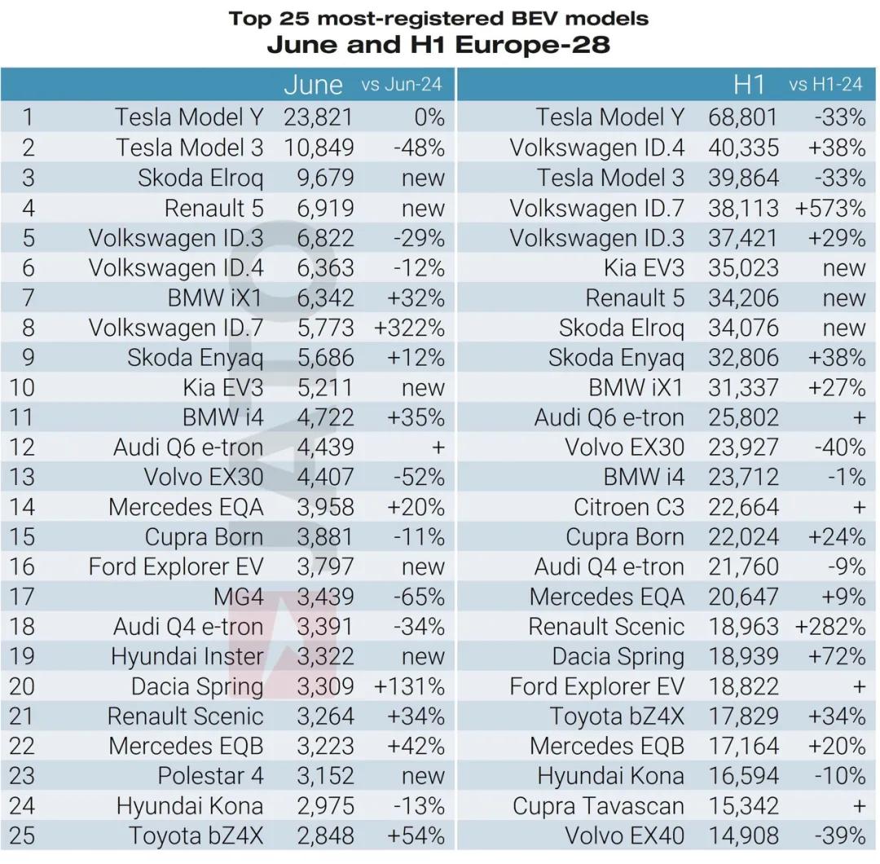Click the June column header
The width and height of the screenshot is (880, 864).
tap(313, 84)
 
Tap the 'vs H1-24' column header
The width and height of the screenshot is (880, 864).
tap(825, 85)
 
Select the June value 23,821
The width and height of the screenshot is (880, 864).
tap(318, 117)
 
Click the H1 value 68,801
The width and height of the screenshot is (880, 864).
tap(743, 117)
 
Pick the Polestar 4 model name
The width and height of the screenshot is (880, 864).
tap(210, 776)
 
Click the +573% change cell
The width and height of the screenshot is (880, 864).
tap(829, 208)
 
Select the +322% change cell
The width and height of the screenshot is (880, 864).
tap(409, 328)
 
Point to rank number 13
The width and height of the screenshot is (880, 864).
tap(29, 477)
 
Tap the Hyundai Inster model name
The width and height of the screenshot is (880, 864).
tap(187, 656)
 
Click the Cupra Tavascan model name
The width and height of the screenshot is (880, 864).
tap(598, 806)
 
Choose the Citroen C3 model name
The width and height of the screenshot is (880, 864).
tap(628, 507)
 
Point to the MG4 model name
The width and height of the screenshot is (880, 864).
tap(238, 597)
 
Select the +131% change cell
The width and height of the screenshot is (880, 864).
tap(409, 686)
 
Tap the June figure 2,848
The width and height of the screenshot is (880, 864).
tap(325, 835)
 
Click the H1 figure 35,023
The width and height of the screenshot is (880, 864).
tap(743, 268)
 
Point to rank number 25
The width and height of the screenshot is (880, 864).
tap(29, 835)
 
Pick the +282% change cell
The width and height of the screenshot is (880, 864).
tap(829, 627)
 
